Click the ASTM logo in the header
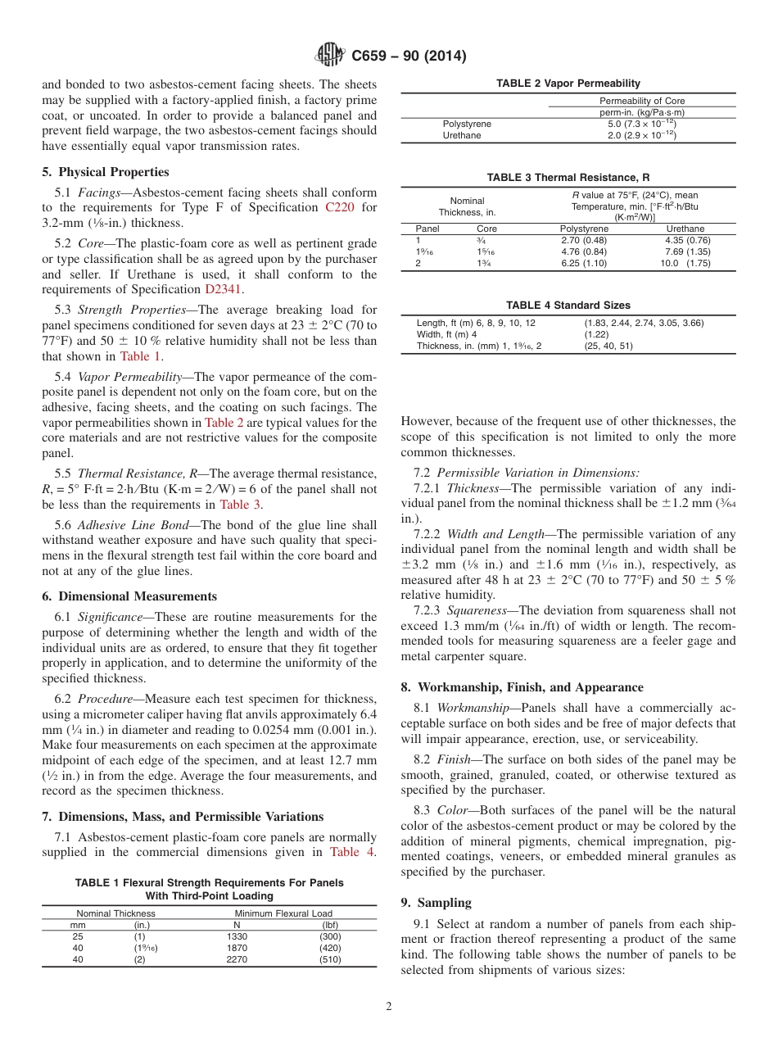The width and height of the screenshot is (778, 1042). (330, 56)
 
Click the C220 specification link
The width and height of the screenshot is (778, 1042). (340, 207)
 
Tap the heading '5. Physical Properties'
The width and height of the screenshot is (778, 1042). (106, 172)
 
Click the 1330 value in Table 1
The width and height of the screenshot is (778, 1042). (237, 936)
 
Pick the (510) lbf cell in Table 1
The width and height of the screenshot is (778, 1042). (330, 959)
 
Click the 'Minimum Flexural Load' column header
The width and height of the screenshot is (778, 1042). (283, 913)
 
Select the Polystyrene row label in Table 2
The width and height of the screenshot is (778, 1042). (467, 124)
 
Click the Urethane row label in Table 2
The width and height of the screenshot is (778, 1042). (462, 135)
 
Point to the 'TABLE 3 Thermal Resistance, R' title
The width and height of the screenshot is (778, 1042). (568, 177)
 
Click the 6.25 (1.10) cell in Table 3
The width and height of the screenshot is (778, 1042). (584, 263)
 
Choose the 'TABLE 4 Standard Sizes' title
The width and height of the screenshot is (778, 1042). (568, 305)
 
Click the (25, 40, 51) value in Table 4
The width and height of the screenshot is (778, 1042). (609, 346)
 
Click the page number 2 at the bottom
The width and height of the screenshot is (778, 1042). (389, 1007)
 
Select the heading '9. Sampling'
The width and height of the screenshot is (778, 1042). (436, 903)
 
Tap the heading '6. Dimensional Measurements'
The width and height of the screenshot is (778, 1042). (129, 596)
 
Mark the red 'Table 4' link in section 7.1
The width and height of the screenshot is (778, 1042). (352, 852)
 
